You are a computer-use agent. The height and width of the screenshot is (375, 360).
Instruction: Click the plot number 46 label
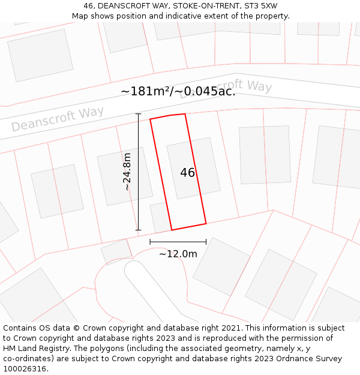(x=188, y=173)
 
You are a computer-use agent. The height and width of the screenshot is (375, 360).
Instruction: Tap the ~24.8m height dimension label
(x=127, y=172)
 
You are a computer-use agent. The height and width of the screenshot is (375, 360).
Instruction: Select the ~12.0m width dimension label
(x=178, y=254)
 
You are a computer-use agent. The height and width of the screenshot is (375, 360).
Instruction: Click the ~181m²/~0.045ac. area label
(x=178, y=91)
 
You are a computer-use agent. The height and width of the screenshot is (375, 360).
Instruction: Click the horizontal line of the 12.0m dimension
(x=178, y=242)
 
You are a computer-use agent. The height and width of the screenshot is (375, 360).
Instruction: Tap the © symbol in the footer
(x=76, y=328)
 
